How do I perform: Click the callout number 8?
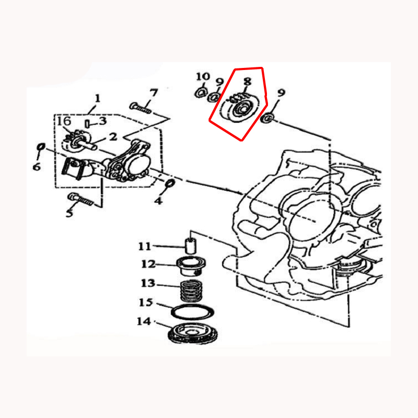click(x=247, y=82)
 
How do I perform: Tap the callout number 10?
click(x=203, y=77)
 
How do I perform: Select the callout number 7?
click(x=154, y=93)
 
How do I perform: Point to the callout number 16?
click(x=64, y=121)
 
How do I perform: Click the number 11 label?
click(x=145, y=246)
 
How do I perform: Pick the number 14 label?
click(x=144, y=321)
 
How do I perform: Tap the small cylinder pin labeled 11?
click(x=190, y=246)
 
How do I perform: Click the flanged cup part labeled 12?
click(x=191, y=267)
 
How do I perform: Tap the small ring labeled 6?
click(x=41, y=147)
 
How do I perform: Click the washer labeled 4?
click(x=170, y=183)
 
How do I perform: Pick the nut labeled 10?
click(x=201, y=92)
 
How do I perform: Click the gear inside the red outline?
click(x=238, y=108)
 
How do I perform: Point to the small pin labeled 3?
click(x=87, y=124)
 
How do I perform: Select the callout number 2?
click(x=113, y=137)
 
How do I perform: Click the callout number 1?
click(x=98, y=98)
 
